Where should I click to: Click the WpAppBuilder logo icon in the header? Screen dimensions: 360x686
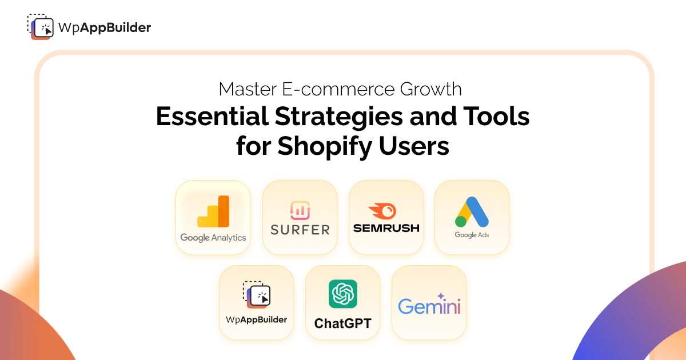(40, 26)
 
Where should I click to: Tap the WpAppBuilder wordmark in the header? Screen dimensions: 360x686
(105, 27)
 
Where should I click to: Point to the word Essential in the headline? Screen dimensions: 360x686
(212, 117)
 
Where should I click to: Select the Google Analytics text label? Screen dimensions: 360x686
(213, 238)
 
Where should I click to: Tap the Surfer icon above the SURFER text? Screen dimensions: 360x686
(300, 210)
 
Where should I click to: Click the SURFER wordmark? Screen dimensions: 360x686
(300, 230)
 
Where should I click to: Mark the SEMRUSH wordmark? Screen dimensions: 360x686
(386, 228)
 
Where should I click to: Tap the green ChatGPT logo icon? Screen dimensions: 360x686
(343, 294)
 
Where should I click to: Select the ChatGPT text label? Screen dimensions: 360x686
(343, 323)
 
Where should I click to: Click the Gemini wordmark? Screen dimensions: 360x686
(429, 305)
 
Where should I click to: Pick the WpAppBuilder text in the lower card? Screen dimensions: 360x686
(257, 320)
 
